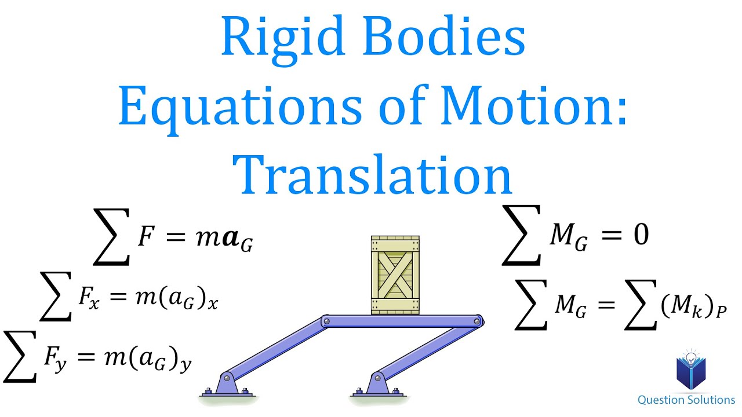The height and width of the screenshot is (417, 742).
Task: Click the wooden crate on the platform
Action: click(x=395, y=275)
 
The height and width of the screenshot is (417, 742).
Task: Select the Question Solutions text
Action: click(x=686, y=400)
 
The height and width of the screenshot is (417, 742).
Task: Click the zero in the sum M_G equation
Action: click(x=641, y=235)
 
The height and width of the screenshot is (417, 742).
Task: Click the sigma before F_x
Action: click(x=56, y=296)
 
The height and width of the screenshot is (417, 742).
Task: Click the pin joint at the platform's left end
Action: click(x=327, y=320)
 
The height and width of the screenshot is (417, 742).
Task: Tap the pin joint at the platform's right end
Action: click(x=478, y=320)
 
